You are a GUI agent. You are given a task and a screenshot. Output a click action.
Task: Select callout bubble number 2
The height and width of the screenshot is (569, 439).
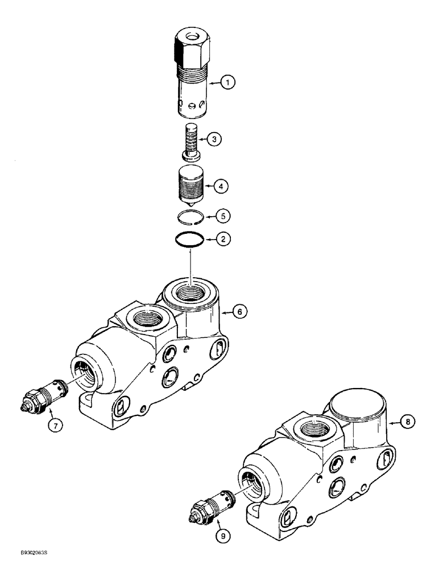pyautogui.click(x=223, y=240)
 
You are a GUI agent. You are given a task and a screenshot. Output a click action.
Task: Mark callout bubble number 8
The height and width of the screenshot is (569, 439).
pyautogui.click(x=408, y=422)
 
